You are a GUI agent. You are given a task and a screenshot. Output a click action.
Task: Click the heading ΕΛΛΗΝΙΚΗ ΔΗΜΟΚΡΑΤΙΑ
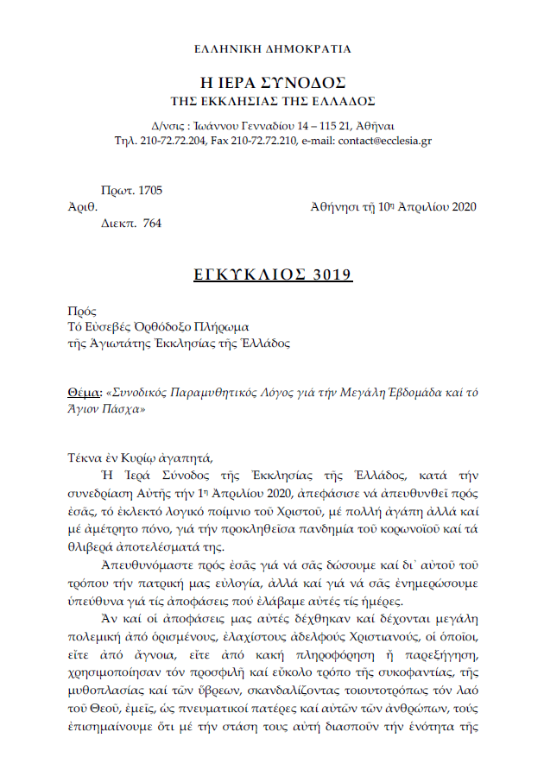click(273, 49)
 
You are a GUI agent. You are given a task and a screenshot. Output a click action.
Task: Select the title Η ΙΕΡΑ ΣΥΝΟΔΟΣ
click(273, 84)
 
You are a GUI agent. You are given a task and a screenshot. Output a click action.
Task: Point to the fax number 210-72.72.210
click(255, 141)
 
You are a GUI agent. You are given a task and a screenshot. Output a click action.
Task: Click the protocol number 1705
click(149, 191)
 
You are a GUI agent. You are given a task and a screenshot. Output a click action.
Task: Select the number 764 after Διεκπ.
click(151, 223)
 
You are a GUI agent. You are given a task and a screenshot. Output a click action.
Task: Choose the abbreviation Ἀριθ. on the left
click(81, 207)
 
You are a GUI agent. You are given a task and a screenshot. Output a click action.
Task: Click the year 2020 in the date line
click(461, 207)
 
